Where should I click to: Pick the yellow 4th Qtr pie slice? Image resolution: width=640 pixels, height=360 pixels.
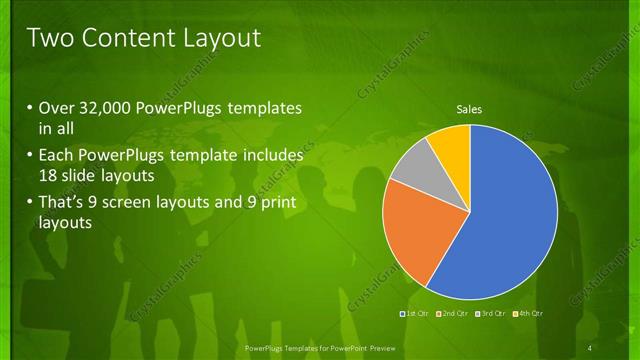click(451, 145)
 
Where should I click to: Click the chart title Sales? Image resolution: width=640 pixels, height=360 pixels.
click(469, 108)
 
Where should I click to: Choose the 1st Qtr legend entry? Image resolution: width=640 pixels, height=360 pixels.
click(414, 315)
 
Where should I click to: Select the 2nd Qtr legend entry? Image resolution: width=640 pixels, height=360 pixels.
click(452, 315)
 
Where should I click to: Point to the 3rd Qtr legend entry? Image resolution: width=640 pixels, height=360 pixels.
click(490, 315)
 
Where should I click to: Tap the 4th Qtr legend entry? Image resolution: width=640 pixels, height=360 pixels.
click(528, 315)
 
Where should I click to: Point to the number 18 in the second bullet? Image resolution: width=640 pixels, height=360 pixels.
click(50, 175)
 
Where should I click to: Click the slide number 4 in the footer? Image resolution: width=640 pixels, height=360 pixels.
click(589, 347)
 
